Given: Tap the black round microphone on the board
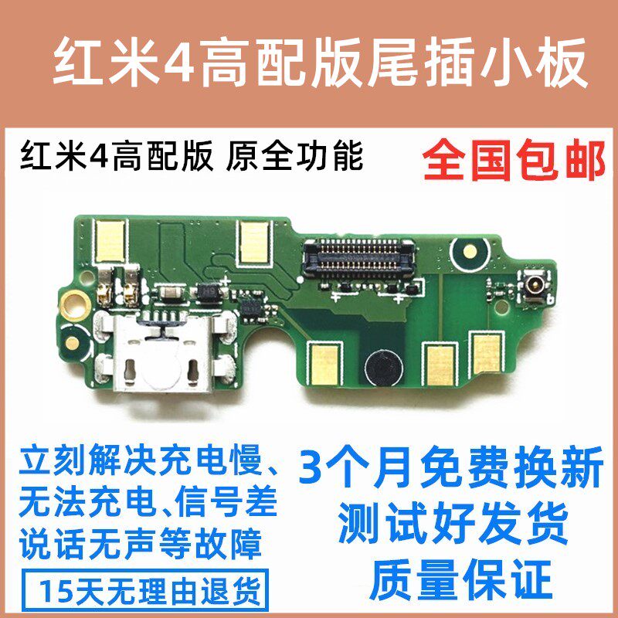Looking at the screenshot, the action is (383, 367).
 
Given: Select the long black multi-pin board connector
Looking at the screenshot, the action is (358, 257).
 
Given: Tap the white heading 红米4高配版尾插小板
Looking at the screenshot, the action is (321, 63).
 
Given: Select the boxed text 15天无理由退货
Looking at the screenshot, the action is (149, 590).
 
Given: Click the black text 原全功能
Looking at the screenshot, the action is (294, 157).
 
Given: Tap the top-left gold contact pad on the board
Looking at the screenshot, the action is (110, 241).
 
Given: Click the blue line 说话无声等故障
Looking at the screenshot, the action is (141, 545).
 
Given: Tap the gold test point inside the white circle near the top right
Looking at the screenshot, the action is (470, 250).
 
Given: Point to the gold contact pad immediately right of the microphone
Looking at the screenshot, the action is (440, 365).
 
